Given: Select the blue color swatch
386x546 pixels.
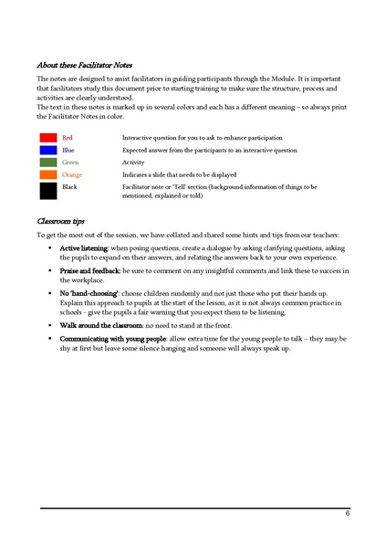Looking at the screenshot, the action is click(47, 149).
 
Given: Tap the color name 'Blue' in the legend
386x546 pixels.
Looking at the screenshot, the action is click(68, 149).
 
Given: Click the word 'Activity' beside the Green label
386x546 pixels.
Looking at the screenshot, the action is click(133, 162).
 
